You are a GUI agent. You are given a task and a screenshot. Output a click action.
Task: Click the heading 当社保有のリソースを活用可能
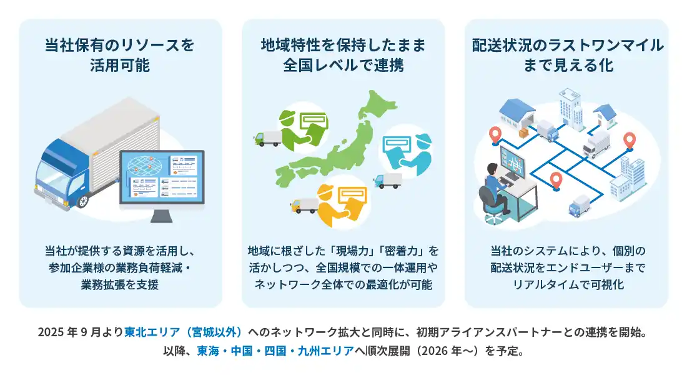(x=120, y=54)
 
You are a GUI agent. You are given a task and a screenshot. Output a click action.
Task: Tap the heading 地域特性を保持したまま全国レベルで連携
(x=343, y=54)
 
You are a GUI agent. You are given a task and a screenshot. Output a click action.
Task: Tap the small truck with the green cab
(x=267, y=139)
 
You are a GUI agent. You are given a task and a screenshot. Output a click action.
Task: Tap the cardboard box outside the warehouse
(x=523, y=134)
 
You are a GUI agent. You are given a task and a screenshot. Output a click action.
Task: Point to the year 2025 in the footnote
(x=51, y=331)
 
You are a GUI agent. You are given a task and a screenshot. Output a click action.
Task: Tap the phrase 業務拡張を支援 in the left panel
(x=120, y=285)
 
